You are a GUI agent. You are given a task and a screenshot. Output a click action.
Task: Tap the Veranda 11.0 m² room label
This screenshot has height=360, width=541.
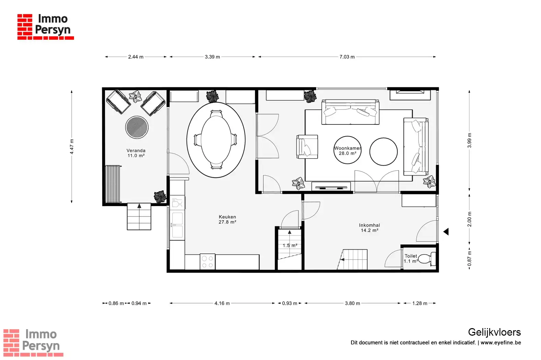[x=136, y=153]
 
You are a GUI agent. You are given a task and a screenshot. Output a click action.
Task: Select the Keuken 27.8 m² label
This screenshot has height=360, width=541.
[x=227, y=219]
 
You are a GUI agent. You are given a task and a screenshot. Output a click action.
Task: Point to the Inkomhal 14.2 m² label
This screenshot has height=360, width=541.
[x=369, y=228]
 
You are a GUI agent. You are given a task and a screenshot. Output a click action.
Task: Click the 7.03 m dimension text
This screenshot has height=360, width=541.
[x=347, y=57]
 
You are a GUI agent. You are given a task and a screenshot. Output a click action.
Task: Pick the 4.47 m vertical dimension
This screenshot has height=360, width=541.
[x=72, y=147]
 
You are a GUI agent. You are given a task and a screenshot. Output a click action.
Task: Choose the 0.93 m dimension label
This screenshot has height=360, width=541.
[x=290, y=303]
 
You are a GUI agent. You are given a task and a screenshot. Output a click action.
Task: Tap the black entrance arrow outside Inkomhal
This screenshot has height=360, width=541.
[x=446, y=232]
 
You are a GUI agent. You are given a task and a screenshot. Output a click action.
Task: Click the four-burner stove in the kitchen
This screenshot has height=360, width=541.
[x=208, y=262]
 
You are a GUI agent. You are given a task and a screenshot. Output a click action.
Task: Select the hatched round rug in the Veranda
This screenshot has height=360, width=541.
[x=137, y=127]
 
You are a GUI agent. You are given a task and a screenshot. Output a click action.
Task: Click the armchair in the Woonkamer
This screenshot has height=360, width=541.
[x=307, y=147]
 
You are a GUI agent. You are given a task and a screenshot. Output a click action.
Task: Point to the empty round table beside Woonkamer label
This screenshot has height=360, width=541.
[x=384, y=152]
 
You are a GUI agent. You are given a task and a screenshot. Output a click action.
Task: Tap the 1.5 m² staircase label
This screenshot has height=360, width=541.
[x=290, y=245]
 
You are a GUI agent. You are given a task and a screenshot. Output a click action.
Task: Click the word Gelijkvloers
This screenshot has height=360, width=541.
[x=494, y=333]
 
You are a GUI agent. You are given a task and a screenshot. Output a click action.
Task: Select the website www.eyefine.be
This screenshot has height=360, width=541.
[x=501, y=343]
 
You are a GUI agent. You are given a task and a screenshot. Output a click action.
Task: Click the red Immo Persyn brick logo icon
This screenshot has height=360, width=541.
[x=25, y=27]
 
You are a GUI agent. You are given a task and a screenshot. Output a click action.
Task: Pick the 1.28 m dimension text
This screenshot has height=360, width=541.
[x=420, y=303]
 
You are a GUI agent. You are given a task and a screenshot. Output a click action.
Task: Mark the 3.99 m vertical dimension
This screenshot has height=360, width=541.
[x=469, y=140]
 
